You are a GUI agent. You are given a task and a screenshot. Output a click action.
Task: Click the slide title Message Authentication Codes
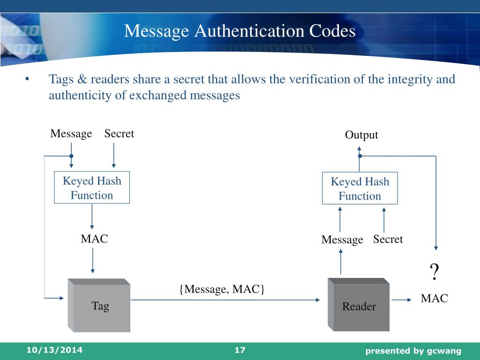tap(240, 31)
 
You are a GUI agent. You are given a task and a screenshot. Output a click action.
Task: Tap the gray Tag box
tap(100, 306)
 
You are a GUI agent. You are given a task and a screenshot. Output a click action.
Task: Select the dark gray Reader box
tap(359, 307)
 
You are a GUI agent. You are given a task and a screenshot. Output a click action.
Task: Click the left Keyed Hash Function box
tap(92, 188)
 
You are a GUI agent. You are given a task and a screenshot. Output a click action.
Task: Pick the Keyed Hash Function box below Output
tap(360, 189)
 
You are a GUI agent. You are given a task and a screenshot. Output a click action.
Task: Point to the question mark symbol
tap(435, 272)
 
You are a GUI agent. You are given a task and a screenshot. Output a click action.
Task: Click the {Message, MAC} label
tap(222, 289)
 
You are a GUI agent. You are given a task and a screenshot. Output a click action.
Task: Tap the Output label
tap(361, 135)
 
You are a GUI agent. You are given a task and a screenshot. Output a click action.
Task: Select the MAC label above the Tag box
tap(94, 239)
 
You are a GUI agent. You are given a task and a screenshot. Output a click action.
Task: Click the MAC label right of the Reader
tap(434, 298)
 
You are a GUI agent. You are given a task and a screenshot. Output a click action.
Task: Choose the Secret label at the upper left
tap(119, 134)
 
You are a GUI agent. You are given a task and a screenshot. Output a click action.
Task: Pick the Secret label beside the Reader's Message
tap(388, 240)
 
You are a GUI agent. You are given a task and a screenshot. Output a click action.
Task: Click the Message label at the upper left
tap(71, 134)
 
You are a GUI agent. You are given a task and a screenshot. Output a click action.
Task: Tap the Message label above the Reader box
tap(342, 240)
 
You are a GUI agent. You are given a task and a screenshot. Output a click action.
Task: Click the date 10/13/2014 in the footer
tap(54, 350)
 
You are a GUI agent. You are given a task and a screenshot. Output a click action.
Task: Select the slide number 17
tap(240, 350)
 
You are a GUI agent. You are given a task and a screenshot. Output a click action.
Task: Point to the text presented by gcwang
tap(413, 351)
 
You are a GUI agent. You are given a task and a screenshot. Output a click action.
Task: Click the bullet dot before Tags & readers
tap(28, 79)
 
